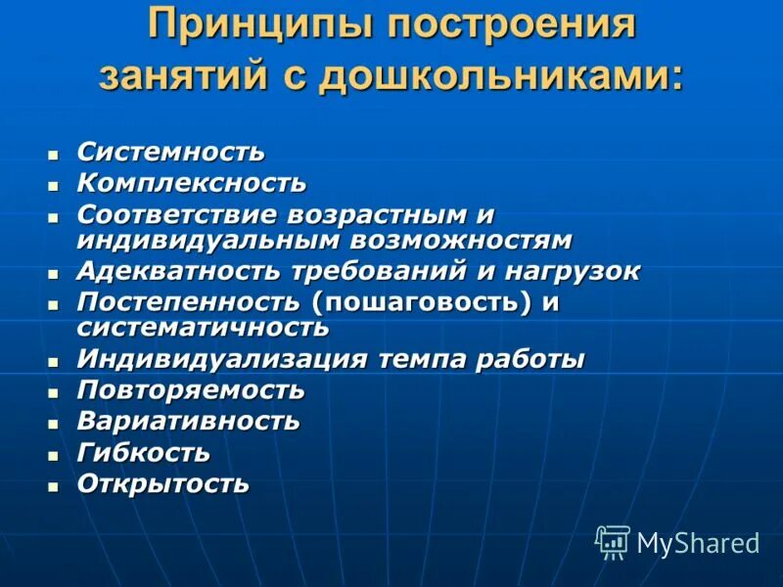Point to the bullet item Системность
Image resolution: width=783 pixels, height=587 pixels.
coord(170,152)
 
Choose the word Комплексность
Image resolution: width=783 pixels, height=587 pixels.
coord(191,182)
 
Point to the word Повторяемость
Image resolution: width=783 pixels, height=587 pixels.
coord(191,390)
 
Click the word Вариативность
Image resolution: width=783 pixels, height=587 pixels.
coord(188,422)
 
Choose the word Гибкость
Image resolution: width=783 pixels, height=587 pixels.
coord(143,453)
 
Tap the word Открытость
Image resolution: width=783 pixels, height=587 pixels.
coord(162,483)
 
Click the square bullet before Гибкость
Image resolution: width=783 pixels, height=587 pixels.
coord(54,455)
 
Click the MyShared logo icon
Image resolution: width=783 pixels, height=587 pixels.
coord(613,541)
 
